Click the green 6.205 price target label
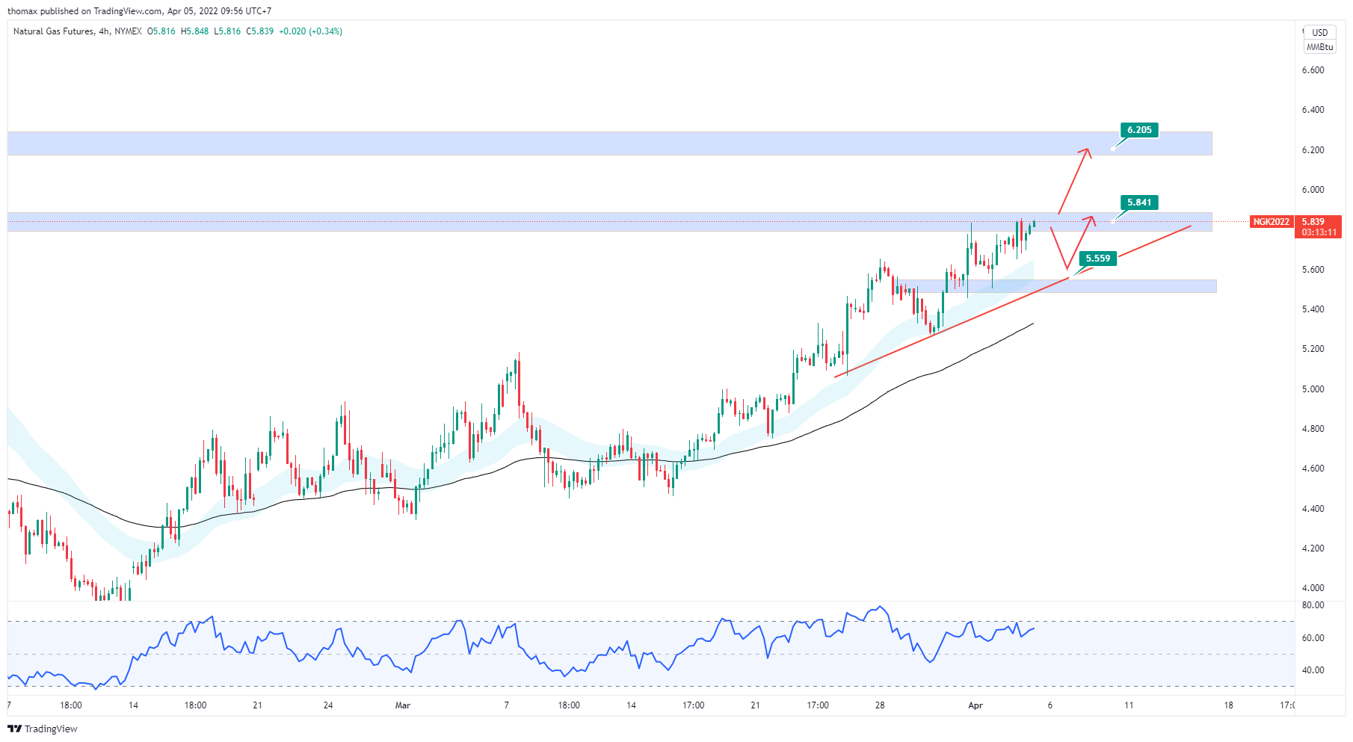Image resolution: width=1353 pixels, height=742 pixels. [x=1139, y=130]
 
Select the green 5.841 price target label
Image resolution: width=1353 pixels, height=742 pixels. [x=1139, y=202]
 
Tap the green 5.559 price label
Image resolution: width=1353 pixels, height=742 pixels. [x=1097, y=259]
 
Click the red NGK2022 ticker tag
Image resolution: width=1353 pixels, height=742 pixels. [x=1271, y=222]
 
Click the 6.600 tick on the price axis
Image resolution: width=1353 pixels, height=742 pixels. [x=1313, y=70]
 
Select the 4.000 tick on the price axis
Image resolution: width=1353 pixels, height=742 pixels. [x=1313, y=588]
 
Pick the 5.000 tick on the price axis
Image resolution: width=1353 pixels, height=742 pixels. [x=1313, y=389]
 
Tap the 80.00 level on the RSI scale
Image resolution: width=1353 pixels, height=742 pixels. [x=1313, y=605]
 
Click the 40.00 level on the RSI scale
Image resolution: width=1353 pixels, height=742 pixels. [x=1313, y=670]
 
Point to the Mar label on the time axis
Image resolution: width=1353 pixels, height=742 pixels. [x=403, y=705]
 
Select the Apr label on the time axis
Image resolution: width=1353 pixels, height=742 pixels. [x=975, y=705]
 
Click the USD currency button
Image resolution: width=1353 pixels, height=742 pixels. [x=1320, y=32]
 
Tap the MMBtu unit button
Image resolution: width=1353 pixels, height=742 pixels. [x=1319, y=47]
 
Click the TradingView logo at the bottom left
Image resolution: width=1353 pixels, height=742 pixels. [x=43, y=729]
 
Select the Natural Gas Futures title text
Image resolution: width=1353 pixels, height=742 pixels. [x=53, y=31]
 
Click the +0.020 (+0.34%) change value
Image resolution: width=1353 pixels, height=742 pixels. [x=310, y=31]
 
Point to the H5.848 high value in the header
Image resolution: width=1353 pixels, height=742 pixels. [x=194, y=31]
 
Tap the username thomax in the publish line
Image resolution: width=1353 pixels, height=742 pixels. [x=22, y=11]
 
